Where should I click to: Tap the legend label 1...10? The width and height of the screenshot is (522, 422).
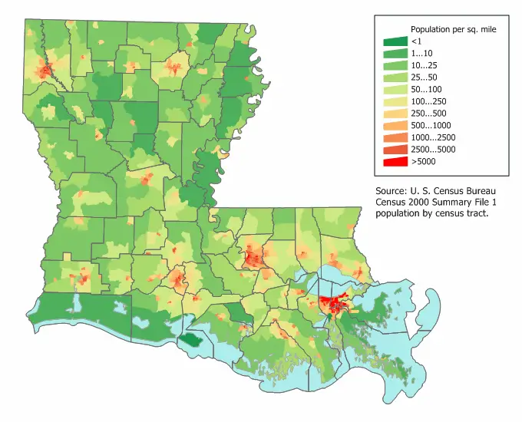[423, 53]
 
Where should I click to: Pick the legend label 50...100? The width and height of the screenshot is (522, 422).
[426, 89]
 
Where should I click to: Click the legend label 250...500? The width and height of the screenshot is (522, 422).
[428, 114]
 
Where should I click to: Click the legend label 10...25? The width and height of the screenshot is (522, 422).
[424, 65]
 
